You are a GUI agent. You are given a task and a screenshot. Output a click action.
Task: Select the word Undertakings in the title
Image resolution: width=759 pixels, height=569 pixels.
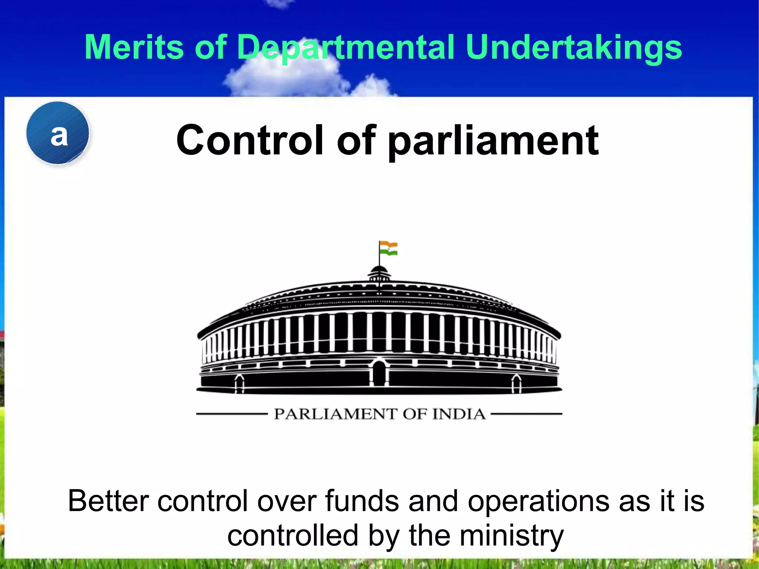pos(574,47)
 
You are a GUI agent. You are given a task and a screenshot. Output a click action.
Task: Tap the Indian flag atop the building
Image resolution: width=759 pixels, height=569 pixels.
pos(388,248)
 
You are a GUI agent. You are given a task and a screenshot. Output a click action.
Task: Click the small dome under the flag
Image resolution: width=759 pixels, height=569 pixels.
pos(379,273)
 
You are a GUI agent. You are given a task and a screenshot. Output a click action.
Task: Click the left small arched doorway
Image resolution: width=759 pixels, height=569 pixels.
pos(240,384)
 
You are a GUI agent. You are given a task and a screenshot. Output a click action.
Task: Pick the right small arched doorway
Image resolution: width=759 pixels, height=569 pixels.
pos(517,384)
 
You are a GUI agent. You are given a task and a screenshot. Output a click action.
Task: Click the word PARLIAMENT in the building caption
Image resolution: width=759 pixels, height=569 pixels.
pos(335,414)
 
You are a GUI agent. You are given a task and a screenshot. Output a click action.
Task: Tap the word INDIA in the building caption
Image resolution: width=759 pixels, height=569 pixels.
pos(459,414)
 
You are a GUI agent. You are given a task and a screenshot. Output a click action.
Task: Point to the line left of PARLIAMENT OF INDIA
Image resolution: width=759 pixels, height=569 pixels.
pos(232,414)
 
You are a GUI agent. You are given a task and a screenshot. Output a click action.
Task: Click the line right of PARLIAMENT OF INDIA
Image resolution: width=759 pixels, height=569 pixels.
pos(526,414)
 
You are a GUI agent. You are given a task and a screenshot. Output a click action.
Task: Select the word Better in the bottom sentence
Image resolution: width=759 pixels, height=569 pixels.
pos(108,501)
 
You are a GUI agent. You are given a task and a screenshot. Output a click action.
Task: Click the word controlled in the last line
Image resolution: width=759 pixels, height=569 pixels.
pos(293,536)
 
